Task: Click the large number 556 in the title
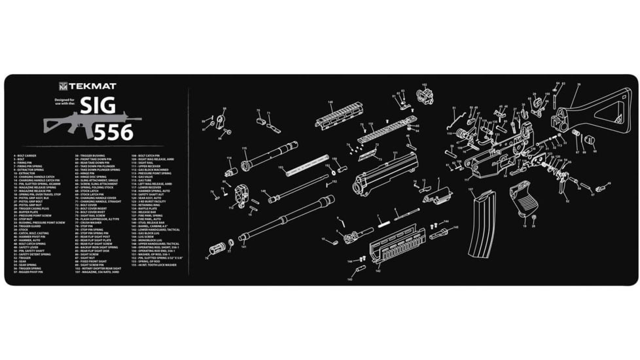pyautogui.click(x=113, y=132)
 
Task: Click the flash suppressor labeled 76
pyautogui.click(x=218, y=250)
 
